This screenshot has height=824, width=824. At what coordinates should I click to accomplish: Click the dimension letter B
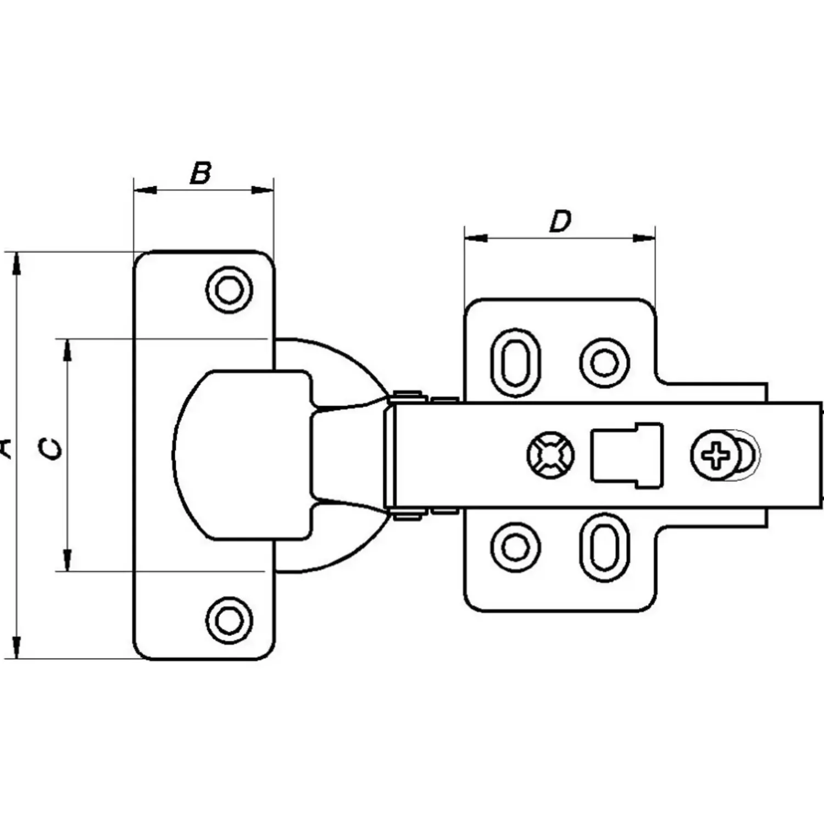(x=201, y=172)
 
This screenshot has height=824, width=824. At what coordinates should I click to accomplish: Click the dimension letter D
(x=560, y=221)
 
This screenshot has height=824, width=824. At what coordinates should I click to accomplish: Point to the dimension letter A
(x=5, y=448)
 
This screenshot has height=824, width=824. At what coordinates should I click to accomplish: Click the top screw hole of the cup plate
(x=229, y=289)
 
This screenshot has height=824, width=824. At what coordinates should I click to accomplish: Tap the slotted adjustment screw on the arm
(x=550, y=455)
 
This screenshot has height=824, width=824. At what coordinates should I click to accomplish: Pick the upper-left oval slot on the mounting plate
(x=515, y=363)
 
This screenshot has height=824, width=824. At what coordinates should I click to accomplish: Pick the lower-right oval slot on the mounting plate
(x=604, y=547)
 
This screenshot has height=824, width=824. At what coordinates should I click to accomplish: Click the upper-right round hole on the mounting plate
(x=604, y=363)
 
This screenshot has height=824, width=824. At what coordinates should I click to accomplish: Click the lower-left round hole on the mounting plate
(x=515, y=547)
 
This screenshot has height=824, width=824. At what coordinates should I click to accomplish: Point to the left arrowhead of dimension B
(x=145, y=191)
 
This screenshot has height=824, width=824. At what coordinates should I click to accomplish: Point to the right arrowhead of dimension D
(x=644, y=238)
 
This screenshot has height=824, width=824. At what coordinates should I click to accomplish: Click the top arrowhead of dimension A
(x=17, y=263)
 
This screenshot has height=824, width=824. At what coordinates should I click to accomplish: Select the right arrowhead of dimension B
(x=262, y=191)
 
